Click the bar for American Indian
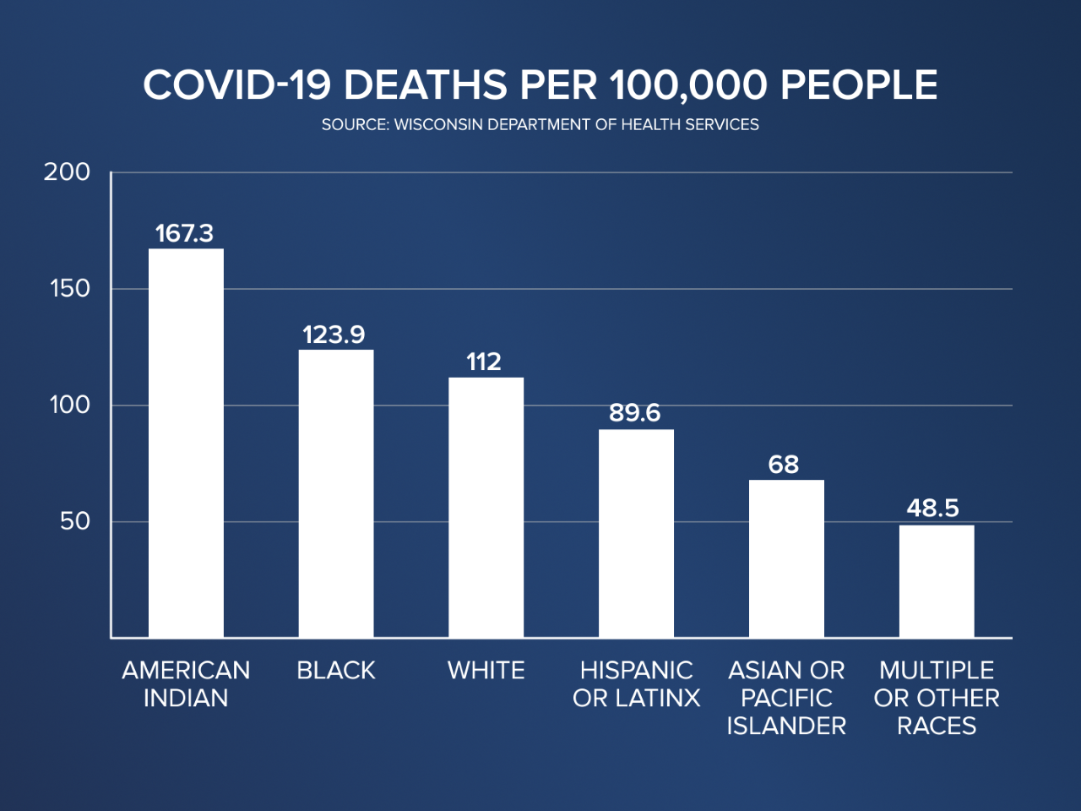click(186, 443)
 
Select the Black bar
click(336, 493)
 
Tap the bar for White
click(486, 507)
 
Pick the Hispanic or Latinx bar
click(636, 533)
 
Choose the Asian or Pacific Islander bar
click(786, 558)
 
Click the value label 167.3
click(184, 233)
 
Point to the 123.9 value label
click(334, 335)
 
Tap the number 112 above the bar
click(484, 362)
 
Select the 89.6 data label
click(634, 413)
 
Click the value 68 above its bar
click(784, 465)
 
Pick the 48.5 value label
click(933, 508)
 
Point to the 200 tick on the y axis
click(67, 172)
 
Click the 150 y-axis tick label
click(69, 289)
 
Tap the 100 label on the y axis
click(69, 405)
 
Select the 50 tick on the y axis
click(74, 521)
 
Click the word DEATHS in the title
click(426, 85)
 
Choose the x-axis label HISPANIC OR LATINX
click(636, 684)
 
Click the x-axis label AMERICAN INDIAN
click(186, 684)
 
